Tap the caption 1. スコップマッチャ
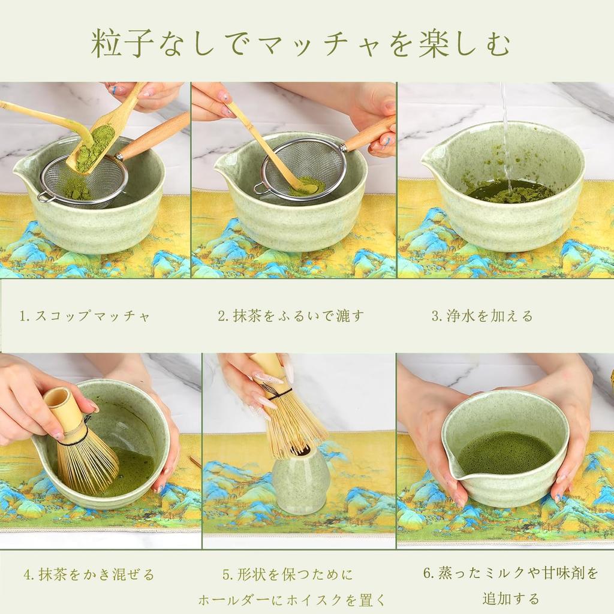pos(85,316)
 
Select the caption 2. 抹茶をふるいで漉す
pos(291,316)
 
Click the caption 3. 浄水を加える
pos(482,316)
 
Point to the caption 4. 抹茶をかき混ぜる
pos(89,574)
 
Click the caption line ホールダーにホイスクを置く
pos(291,599)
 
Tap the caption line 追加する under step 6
pos(511,598)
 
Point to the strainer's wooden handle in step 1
pos(155,136)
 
